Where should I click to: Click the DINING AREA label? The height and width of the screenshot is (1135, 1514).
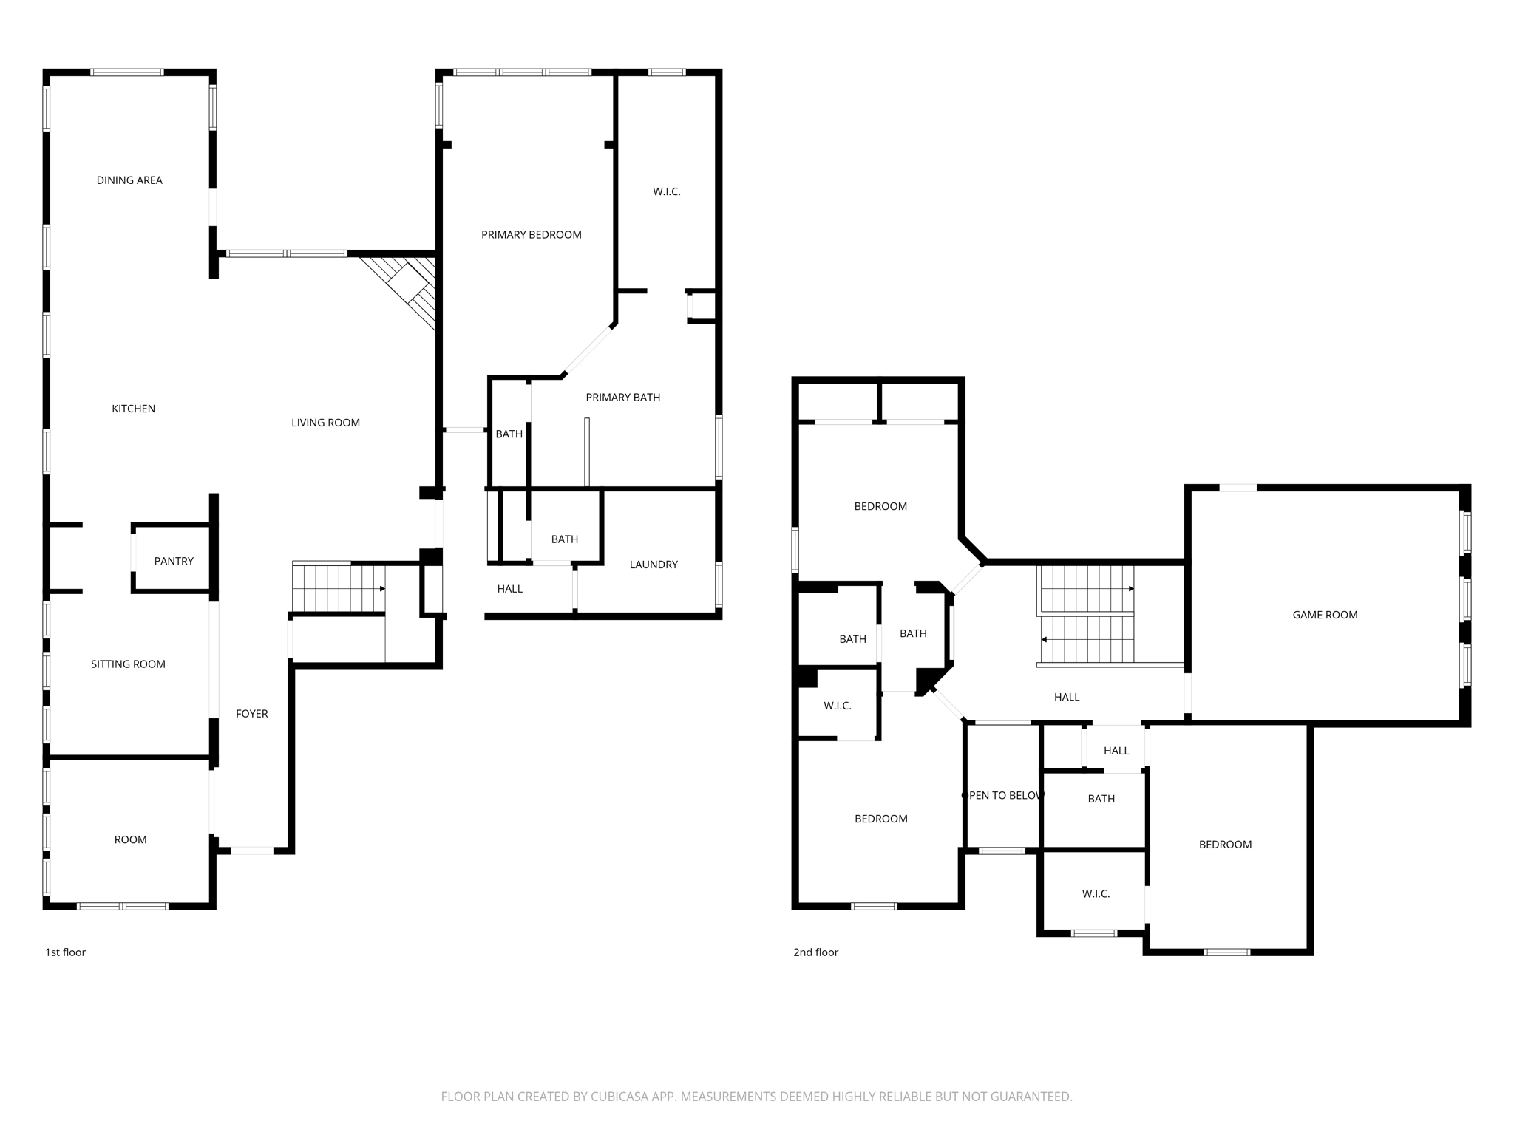[129, 180]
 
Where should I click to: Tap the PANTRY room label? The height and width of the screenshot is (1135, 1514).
[174, 562]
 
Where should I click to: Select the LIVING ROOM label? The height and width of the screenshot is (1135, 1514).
[325, 423]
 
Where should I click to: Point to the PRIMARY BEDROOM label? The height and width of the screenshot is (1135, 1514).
[531, 235]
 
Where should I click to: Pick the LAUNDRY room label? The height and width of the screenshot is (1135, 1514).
[654, 565]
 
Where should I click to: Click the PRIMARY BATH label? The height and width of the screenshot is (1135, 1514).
[622, 398]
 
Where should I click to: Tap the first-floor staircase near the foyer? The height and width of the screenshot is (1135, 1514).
[338, 588]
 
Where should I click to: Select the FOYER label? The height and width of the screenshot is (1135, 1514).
[251, 714]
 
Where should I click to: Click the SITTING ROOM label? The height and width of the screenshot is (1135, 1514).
[128, 664]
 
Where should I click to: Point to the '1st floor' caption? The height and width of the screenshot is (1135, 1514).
[65, 952]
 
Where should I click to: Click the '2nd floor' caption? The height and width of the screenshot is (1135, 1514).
[815, 952]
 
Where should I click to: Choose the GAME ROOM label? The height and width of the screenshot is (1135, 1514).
[1325, 615]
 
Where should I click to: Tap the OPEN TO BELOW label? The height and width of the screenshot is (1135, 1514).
[1002, 796]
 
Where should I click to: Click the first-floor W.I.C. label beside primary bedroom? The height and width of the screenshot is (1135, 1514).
[666, 192]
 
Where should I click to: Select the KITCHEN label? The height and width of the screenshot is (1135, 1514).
[133, 409]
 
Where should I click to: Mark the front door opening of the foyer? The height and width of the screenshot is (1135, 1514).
[252, 851]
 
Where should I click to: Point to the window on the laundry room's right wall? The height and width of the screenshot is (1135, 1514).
[719, 584]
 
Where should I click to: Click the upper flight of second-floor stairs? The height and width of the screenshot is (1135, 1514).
[1087, 589]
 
